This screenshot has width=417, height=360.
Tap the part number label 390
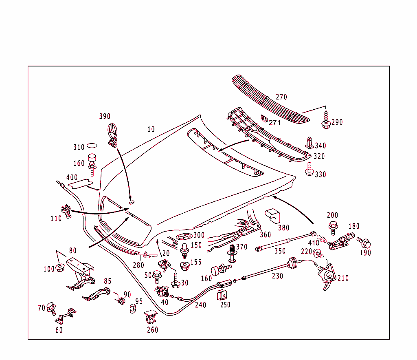(x=105, y=117)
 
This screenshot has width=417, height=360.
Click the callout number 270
(x=281, y=97)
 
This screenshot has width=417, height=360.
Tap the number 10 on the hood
(x=151, y=129)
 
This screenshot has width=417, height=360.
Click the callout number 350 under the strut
(x=280, y=251)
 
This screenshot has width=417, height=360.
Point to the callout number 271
(x=274, y=122)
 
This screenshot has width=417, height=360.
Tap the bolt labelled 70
(x=52, y=307)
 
